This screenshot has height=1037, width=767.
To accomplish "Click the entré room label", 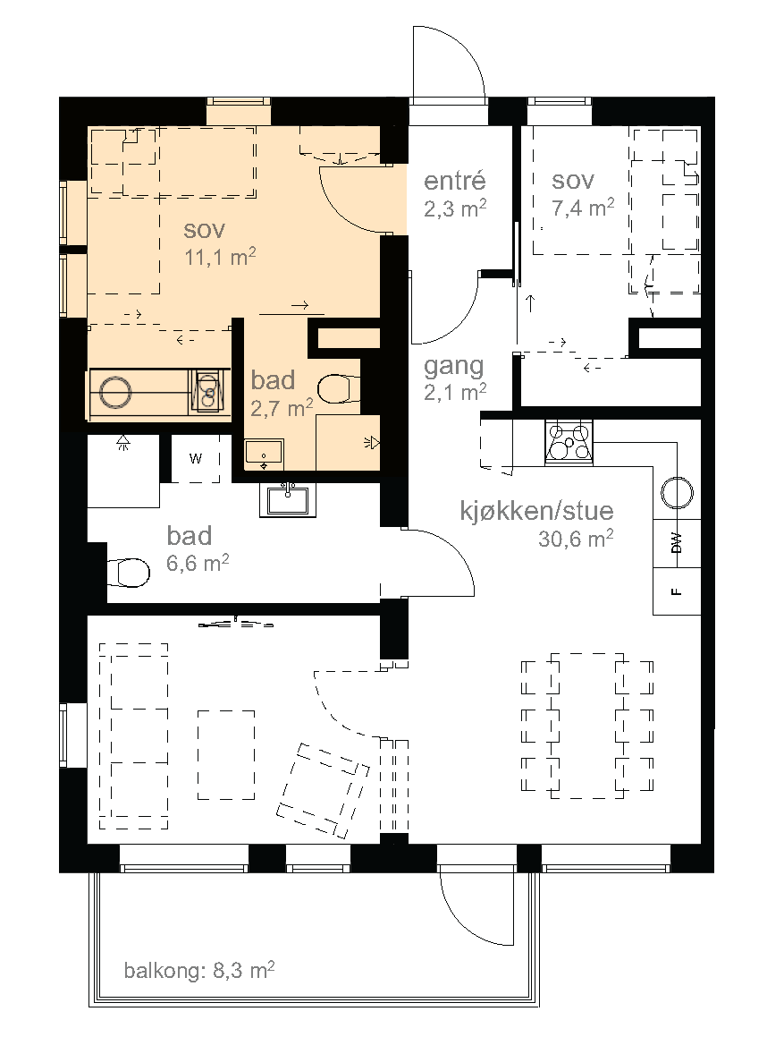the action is pos(454,181).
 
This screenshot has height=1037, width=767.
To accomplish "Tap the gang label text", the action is pos(454,366).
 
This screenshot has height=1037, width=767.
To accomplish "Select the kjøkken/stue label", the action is pos(536,511).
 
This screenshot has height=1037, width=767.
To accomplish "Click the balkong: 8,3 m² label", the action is pos(199,970).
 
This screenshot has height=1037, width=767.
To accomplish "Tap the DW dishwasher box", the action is pos(677,544).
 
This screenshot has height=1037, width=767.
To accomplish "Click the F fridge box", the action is pos(677,591).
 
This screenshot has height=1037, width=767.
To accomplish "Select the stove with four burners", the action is pos(569,442).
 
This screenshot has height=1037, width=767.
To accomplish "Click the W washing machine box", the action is pos(196,458).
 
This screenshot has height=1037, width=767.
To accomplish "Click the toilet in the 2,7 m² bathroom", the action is pos(340,389).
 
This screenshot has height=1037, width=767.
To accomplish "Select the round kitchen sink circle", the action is pos(677,493).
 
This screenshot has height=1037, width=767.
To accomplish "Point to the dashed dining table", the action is pos(587,726).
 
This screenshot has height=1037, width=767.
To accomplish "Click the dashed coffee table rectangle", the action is pos(226,754).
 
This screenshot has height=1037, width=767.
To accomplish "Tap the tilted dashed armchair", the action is pos(324,790).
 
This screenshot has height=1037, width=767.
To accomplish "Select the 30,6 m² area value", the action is pos(576,539).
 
